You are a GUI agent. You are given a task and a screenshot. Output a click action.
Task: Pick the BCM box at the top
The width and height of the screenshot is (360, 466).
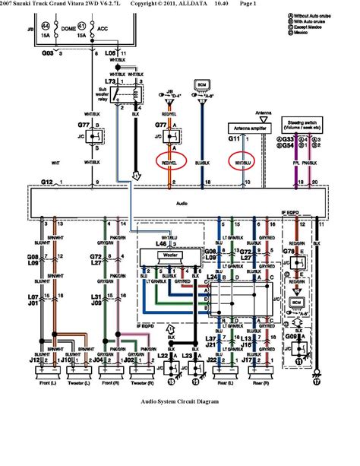[202, 84]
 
